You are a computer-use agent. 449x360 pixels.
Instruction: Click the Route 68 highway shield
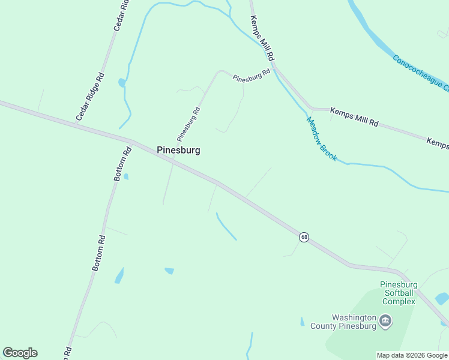(304, 237)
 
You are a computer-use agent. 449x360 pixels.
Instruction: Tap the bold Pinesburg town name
(178, 151)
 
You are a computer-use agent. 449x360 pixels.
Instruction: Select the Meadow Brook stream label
(322, 139)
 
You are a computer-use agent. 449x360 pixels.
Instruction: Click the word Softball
(398, 293)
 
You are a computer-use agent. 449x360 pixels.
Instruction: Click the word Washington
(354, 317)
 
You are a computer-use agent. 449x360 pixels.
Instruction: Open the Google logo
(20, 353)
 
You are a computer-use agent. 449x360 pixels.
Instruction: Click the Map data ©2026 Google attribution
(412, 355)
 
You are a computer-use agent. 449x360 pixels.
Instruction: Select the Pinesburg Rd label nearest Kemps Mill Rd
(252, 76)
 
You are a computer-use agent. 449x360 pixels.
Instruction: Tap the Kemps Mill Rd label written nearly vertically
(262, 38)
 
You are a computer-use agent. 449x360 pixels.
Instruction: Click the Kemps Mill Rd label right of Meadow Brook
(354, 118)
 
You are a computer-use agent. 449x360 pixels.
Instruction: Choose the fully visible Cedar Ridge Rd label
(91, 95)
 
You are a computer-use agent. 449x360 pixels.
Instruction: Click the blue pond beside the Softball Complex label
(442, 298)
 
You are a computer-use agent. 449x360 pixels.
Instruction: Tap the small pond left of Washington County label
(302, 322)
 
